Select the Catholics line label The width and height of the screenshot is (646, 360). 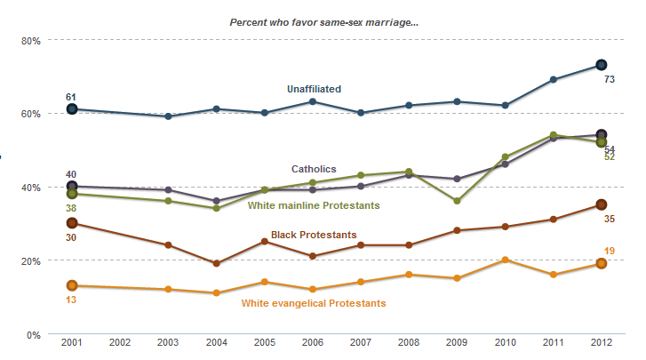(x=314, y=169)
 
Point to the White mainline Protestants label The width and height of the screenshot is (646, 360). (x=314, y=205)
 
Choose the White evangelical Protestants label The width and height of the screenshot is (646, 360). (x=314, y=303)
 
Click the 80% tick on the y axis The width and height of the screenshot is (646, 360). (x=31, y=41)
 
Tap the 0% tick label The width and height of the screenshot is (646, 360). (x=34, y=334)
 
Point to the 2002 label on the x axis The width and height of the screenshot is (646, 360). (x=121, y=343)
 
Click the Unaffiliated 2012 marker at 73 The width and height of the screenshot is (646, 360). (x=601, y=65)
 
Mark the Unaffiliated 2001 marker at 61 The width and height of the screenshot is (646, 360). (x=72, y=109)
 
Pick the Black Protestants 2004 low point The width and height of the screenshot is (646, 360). (x=216, y=263)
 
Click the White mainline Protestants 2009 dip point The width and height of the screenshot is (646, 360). (x=457, y=201)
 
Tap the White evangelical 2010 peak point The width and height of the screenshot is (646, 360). (x=505, y=260)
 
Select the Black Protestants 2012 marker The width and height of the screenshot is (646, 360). (x=601, y=205)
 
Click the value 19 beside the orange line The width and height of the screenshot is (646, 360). (x=610, y=252)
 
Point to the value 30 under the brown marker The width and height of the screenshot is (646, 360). (x=72, y=237)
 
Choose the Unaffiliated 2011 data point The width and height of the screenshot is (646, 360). (x=553, y=80)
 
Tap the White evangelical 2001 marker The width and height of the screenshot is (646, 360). (x=72, y=285)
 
